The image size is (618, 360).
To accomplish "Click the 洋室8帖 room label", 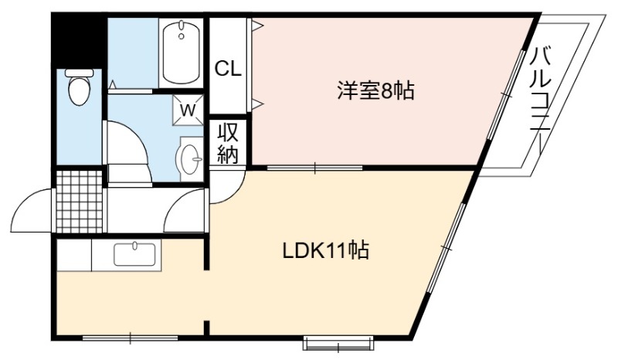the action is (375, 90).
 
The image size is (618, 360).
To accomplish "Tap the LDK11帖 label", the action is (325, 250).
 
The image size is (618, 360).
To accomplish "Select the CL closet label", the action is (228, 70).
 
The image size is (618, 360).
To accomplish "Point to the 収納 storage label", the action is (228, 143).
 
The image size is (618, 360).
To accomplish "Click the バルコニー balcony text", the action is (540, 101).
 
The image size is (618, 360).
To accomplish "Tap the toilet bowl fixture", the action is (80, 87).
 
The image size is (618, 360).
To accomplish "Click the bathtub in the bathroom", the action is (181, 53).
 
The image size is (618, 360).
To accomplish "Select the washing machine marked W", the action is (188, 110).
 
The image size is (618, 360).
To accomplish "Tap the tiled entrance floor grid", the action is (80, 202).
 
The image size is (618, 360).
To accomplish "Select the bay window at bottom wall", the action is (338, 343).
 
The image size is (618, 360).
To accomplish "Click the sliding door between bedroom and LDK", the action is (314, 168).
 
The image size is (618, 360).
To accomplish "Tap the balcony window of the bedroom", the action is (506, 94).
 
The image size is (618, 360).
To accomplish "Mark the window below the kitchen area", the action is (130, 338).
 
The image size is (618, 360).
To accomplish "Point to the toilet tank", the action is (80, 73).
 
